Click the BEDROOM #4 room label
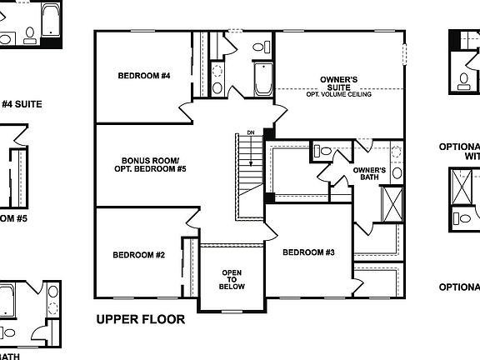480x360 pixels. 143,76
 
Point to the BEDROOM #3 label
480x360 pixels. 308,252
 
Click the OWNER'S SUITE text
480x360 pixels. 339,83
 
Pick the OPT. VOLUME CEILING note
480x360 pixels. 339,94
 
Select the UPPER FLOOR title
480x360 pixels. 140,319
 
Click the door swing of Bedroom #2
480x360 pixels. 193,217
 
